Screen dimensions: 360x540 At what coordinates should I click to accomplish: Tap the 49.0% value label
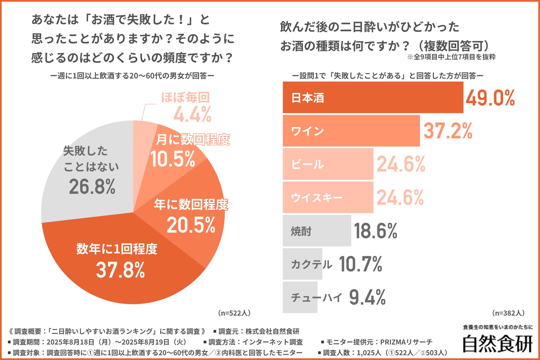pos(490,98)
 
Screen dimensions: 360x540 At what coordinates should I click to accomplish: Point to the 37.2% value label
pos(448,131)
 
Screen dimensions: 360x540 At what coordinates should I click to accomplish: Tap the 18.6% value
pos(375,231)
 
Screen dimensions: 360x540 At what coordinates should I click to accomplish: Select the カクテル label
pos(311,264)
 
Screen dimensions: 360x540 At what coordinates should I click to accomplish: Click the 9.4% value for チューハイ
pos(367,298)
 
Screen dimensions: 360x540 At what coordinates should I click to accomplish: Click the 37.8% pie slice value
pos(120,270)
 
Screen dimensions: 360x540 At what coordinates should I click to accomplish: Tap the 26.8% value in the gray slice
pos(92,187)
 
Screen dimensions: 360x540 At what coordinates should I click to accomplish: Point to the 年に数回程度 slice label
pos(191,204)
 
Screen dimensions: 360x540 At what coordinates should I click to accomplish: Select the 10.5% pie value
pos(173,159)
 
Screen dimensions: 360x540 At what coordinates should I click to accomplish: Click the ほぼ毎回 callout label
pos(185,98)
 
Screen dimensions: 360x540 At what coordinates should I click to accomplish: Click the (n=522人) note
pos(234,313)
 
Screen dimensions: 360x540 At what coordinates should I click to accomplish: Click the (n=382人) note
pos(508,313)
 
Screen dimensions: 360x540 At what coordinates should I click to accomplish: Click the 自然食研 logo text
pos(498,344)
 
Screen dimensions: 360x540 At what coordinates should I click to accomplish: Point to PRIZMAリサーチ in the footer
pos(406,342)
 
